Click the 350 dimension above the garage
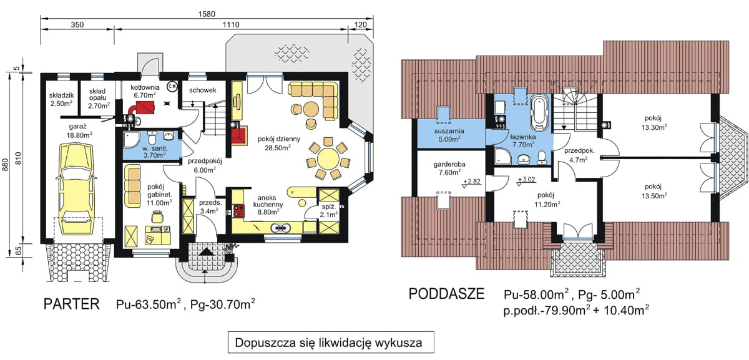[x=77, y=26]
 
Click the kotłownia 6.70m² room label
[x=147, y=92]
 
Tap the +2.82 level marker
[x=474, y=183]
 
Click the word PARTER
[x=72, y=304]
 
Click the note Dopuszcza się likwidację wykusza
[x=329, y=343]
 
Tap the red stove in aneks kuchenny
[x=238, y=211]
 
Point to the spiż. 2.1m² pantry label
[x=328, y=210]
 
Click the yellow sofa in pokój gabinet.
[x=132, y=185]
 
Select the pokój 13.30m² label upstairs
[x=652, y=122]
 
